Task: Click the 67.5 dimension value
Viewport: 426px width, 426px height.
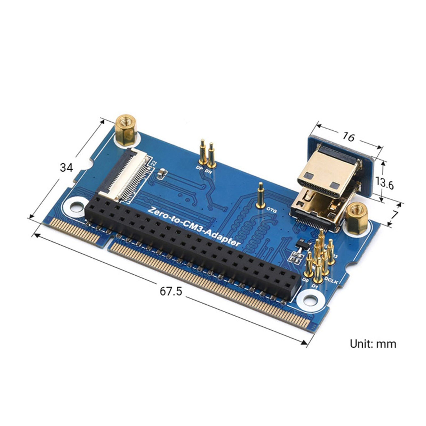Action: pos(171,291)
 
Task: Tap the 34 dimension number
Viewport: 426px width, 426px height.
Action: pos(66,168)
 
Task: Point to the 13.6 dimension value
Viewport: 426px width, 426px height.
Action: pos(384,183)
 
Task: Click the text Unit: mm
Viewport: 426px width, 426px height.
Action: pos(373,344)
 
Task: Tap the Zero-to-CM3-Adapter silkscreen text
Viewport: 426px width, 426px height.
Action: pos(194,227)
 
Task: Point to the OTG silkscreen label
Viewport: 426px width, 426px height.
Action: pos(272,211)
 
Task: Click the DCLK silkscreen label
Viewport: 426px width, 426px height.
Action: pos(331,280)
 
